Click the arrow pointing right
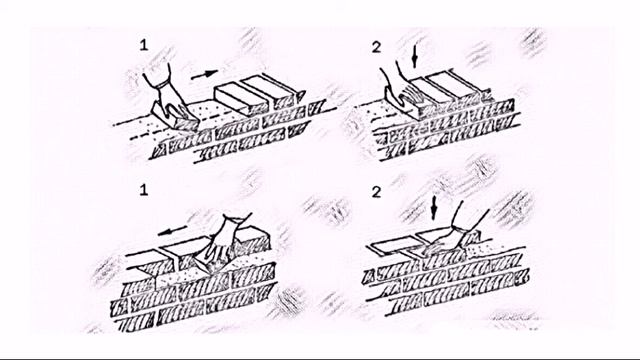204,75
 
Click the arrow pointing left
172,231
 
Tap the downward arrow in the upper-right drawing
415,56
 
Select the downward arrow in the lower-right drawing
433,207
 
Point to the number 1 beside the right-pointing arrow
143,45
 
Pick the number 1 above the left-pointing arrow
143,190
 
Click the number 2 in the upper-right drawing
376,47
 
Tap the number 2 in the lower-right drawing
376,192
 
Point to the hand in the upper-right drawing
398,90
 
